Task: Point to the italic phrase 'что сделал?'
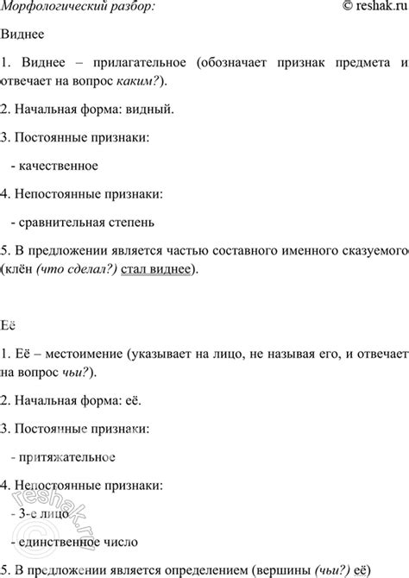pos(85,269)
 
